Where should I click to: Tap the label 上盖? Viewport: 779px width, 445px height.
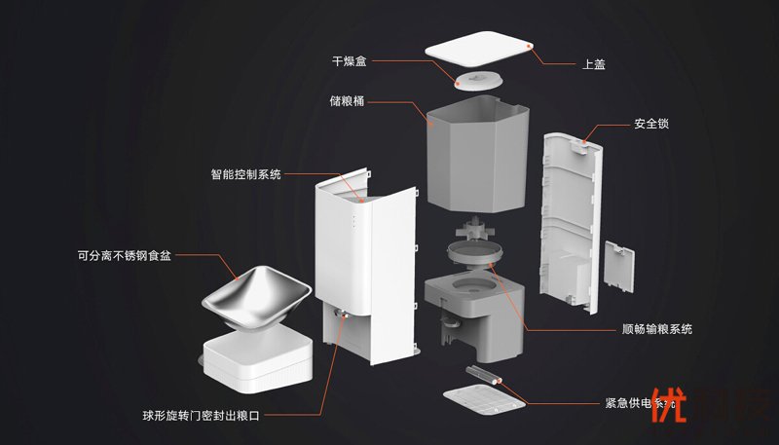(593, 65)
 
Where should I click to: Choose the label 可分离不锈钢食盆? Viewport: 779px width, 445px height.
(125, 257)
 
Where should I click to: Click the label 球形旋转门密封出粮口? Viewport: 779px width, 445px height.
(201, 416)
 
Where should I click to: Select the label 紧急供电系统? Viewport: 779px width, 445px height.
(639, 403)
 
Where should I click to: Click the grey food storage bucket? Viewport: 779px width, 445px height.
(478, 152)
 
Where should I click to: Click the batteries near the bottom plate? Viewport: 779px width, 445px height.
(481, 374)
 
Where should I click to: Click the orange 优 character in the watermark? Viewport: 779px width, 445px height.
(667, 410)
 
